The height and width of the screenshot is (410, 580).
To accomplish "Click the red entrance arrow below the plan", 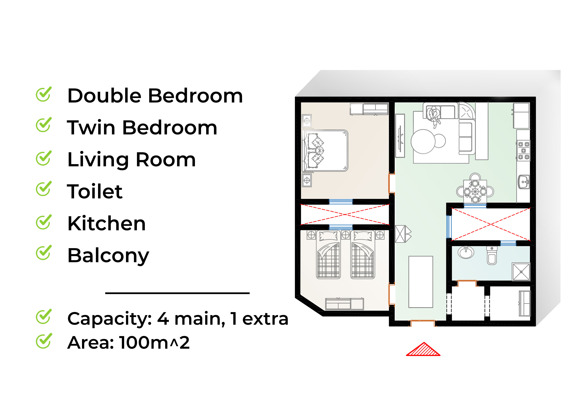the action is pyautogui.click(x=423, y=350).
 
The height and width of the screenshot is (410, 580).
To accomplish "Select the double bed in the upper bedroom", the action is pyautogui.click(x=325, y=151).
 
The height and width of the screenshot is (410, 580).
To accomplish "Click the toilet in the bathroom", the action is pyautogui.click(x=492, y=256).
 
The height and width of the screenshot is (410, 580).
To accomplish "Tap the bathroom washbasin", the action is pyautogui.click(x=466, y=252).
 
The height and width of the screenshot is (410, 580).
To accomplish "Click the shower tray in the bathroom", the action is pyautogui.click(x=521, y=272).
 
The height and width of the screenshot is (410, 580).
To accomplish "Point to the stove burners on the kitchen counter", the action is pyautogui.click(x=523, y=151).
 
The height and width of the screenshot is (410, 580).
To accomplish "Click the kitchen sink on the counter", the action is pyautogui.click(x=524, y=182).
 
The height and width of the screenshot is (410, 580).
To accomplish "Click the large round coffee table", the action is pyautogui.click(x=423, y=142).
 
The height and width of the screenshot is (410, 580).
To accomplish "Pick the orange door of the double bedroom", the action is pyautogui.click(x=391, y=183).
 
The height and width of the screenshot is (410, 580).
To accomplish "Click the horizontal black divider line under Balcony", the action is pyautogui.click(x=177, y=293).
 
